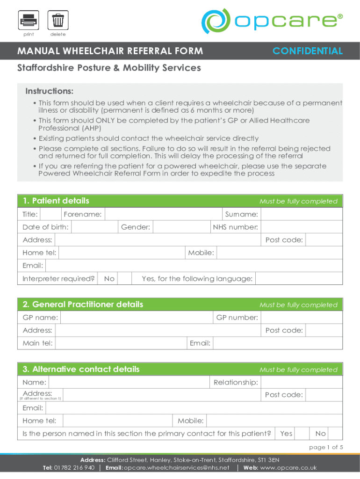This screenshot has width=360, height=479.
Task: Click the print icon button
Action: pos(29,21)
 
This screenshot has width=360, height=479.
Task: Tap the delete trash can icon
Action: pos(58,21)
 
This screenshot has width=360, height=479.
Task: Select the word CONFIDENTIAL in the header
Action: pos(308,51)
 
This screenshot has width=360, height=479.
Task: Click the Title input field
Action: pos(50,214)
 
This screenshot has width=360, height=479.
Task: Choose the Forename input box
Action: pos(163,214)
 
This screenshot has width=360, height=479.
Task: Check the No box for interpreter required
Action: pos(124,279)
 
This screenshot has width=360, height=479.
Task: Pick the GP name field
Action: pos(137,318)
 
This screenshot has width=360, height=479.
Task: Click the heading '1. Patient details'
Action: pos(56,201)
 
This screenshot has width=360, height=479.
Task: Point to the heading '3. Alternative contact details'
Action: pos(81,370)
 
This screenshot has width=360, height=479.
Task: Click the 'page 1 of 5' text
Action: pos(326,447)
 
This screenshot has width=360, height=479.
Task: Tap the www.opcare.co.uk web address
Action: pos(288,468)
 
